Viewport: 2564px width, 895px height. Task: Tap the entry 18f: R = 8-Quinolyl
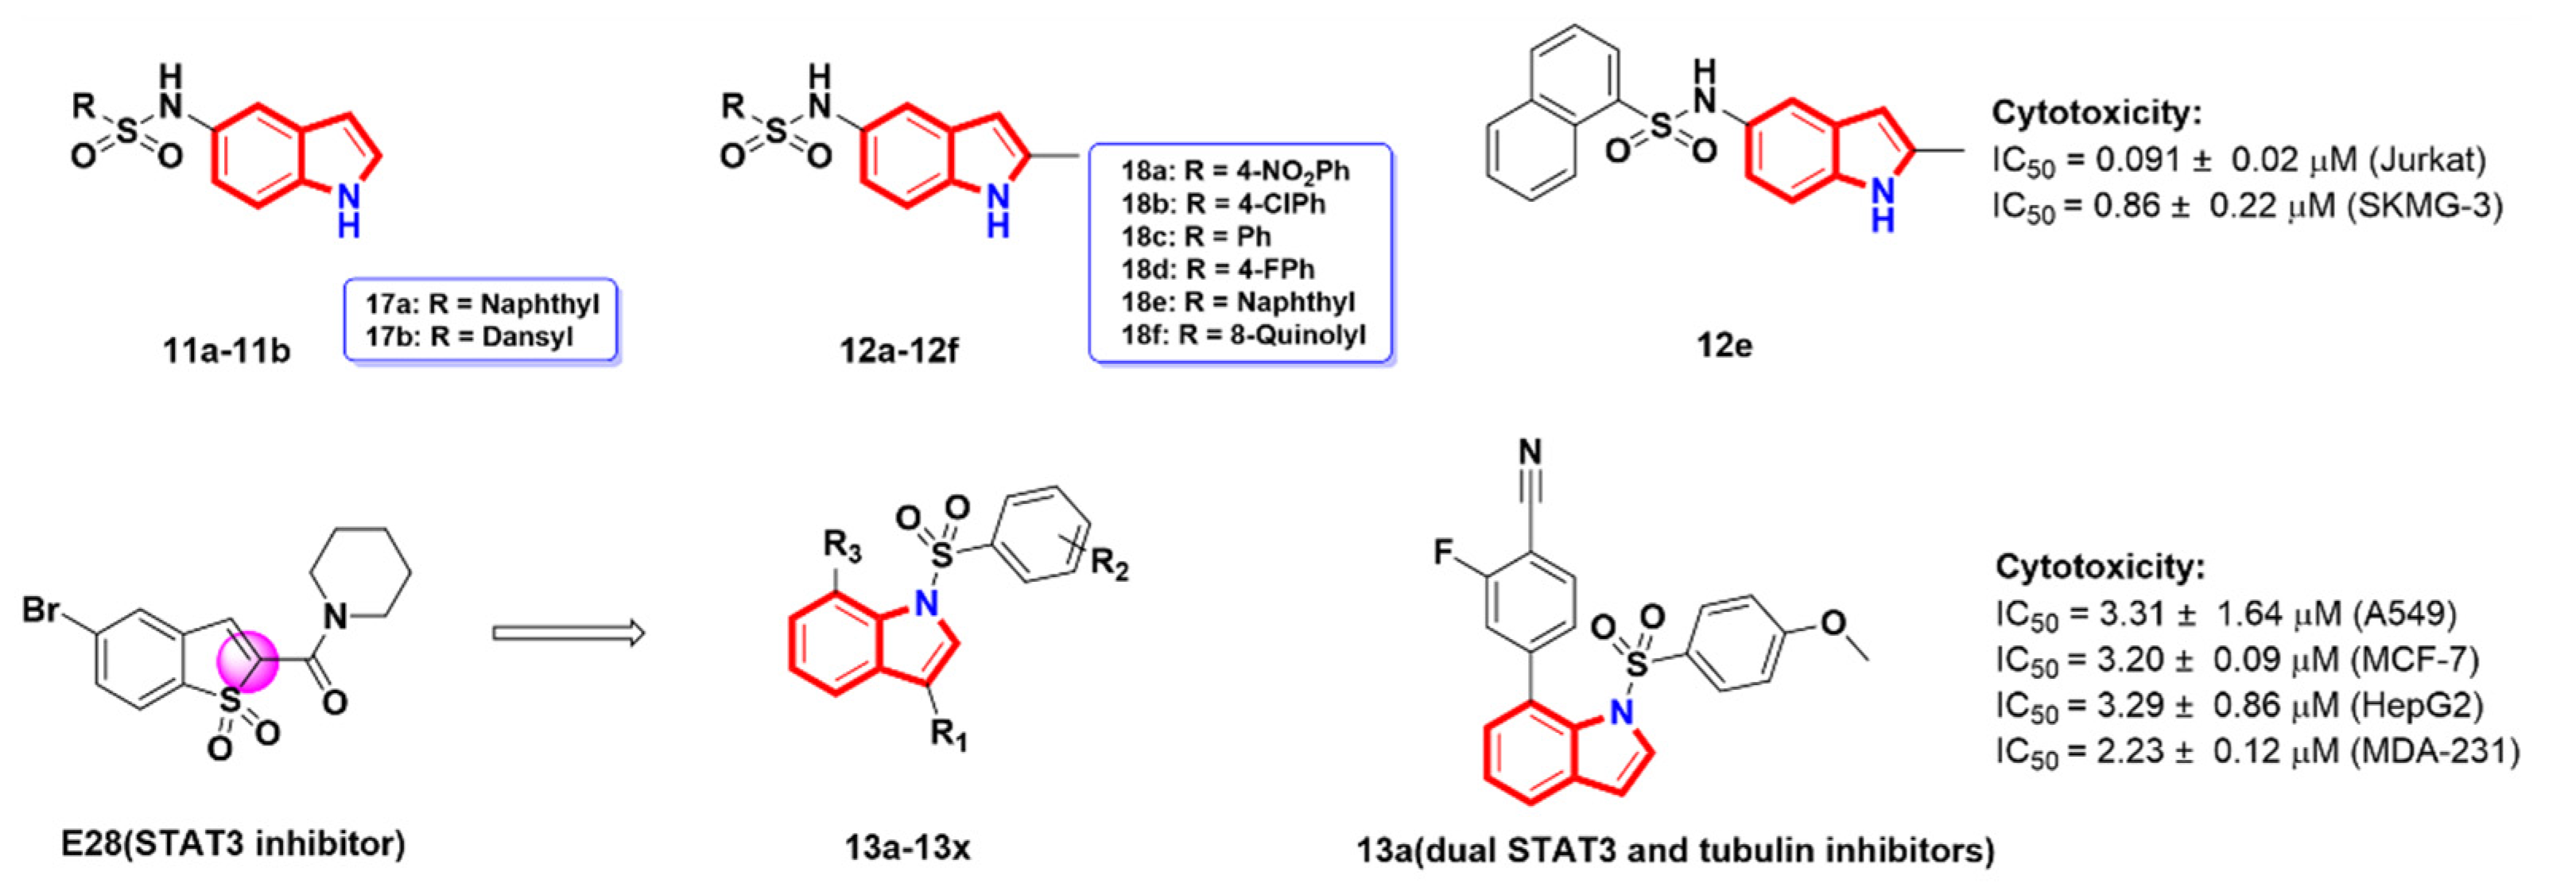coord(1242,335)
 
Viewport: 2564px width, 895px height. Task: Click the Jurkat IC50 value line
coord(2239,161)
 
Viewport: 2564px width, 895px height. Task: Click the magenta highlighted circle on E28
coord(248,660)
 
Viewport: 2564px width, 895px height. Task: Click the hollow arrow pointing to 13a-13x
coord(568,633)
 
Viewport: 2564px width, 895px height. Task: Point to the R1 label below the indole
coord(948,736)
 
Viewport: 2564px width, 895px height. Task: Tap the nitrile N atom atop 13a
coord(1530,453)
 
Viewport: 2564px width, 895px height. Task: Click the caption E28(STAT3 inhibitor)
coord(233,844)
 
